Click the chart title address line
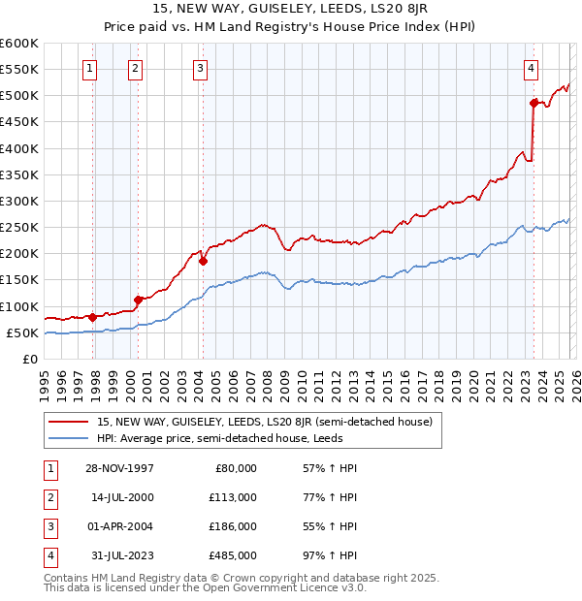click(x=291, y=9)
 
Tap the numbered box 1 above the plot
click(x=89, y=68)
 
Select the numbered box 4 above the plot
click(x=532, y=68)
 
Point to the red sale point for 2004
click(x=203, y=260)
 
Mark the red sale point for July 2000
click(x=139, y=299)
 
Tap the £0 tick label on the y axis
click(x=31, y=359)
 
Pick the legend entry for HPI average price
click(x=216, y=438)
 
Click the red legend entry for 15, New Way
click(x=270, y=422)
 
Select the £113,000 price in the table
click(x=233, y=497)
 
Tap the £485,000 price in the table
click(x=233, y=555)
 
